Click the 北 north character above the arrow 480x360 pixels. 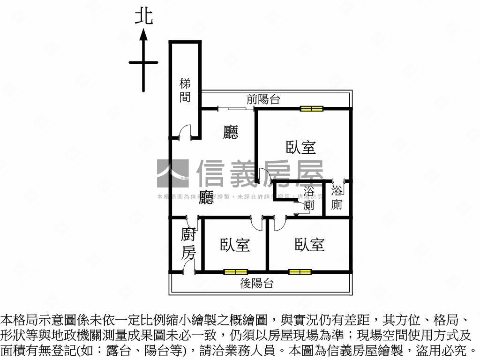click(143, 17)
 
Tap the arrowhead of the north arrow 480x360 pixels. click(143, 35)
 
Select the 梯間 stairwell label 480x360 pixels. click(186, 90)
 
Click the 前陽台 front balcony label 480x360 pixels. click(263, 99)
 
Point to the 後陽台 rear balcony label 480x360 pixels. click(257, 283)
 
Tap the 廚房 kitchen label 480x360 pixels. click(188, 244)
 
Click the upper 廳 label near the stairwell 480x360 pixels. click(231, 132)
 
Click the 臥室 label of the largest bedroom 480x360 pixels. click(300, 147)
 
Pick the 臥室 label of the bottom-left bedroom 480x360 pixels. click(235, 245)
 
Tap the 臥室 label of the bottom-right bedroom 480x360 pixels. click(309, 245)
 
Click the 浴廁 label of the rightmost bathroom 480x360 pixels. click(337, 197)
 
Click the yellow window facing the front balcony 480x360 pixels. click(312, 109)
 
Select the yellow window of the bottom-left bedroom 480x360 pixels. click(235, 271)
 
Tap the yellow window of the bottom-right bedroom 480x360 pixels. click(300, 271)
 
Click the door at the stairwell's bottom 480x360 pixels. click(185, 133)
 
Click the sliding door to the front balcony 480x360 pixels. click(237, 109)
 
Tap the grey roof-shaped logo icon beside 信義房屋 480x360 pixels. click(172, 174)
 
